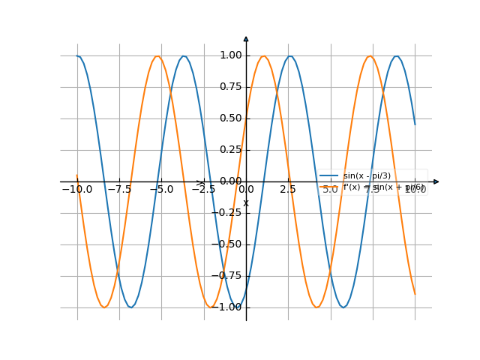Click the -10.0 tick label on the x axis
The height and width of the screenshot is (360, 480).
point(76,190)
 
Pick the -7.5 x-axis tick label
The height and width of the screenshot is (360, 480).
point(119,190)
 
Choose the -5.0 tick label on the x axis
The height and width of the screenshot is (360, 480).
point(161,190)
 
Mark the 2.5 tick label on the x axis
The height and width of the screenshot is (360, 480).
point(288,190)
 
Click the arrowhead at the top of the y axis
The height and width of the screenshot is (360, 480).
point(246,38)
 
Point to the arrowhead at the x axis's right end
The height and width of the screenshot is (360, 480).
point(436,181)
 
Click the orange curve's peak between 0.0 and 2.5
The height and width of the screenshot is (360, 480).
point(264,56)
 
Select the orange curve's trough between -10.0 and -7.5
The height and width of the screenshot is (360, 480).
point(104,307)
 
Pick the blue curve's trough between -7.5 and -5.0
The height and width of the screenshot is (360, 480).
point(131,307)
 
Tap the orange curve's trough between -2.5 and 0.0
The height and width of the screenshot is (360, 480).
point(211,307)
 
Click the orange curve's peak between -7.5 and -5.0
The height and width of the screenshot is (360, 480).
point(157,56)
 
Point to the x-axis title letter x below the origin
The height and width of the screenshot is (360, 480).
point(246,202)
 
